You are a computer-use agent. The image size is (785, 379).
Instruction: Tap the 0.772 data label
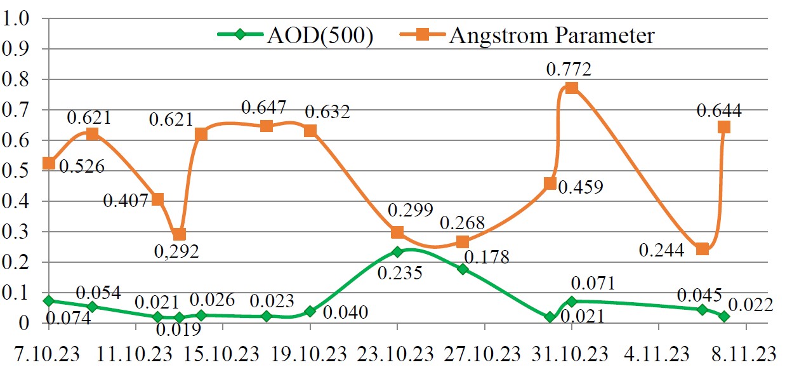569,69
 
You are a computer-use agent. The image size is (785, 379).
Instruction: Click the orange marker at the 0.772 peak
571,88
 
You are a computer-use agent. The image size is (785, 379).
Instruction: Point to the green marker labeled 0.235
397,252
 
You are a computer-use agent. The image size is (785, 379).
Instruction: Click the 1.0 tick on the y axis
17,18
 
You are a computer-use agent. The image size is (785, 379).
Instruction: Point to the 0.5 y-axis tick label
17,171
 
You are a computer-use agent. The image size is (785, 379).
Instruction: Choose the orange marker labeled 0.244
702,249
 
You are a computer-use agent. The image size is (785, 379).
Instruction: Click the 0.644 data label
719,111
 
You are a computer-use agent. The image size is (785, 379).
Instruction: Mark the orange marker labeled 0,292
180,235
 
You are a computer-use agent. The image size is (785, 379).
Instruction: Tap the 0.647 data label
264,107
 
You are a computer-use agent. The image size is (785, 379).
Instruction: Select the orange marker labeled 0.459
550,184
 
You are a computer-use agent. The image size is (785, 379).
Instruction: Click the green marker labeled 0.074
48,300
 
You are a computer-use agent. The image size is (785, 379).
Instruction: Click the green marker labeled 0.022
724,316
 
